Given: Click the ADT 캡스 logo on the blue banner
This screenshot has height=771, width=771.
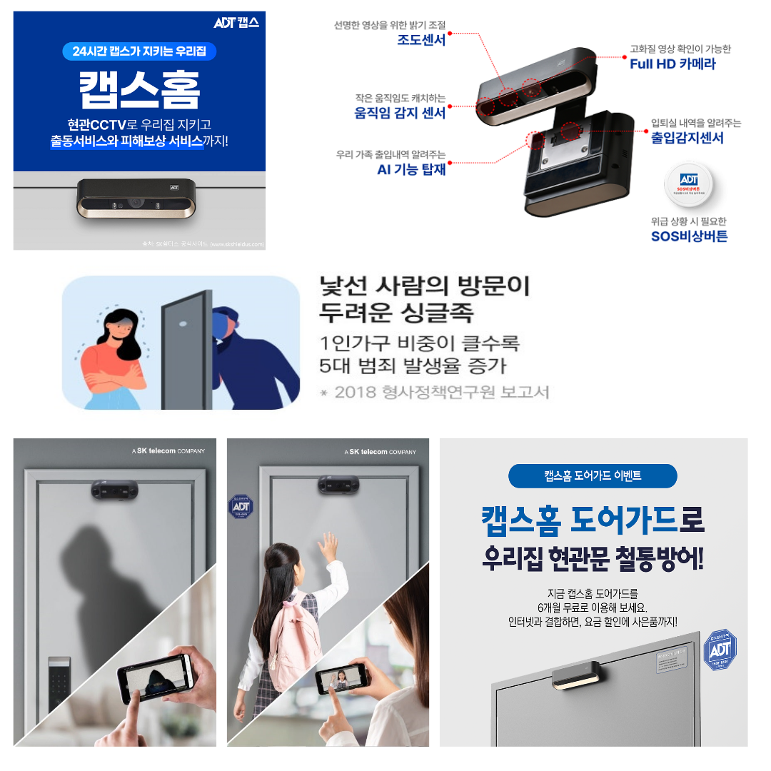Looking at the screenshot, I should (x=236, y=23).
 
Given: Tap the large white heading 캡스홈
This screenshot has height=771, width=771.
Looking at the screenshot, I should (x=139, y=89).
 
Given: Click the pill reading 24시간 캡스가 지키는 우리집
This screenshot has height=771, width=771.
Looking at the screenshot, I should (x=139, y=51).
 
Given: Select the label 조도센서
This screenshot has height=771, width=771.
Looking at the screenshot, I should (x=421, y=40).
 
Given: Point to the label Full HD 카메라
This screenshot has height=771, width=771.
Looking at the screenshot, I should (x=672, y=64).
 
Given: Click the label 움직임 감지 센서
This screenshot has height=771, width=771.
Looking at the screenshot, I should (x=400, y=113).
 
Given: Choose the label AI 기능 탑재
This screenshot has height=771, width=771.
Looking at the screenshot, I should (x=411, y=170).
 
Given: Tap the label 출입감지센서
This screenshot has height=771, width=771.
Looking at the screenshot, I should (x=687, y=138).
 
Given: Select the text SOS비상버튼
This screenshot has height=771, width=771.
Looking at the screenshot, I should (x=689, y=236).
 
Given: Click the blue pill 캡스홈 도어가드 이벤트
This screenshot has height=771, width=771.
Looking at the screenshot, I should (x=593, y=475).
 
